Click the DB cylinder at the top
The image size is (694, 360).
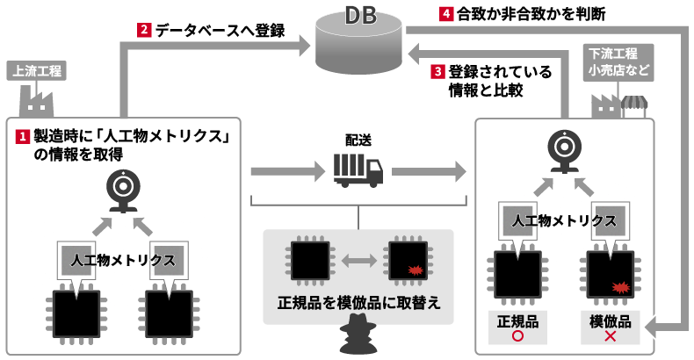click(362, 43)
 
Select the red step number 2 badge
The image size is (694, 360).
click(144, 30)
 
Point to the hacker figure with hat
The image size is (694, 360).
click(357, 335)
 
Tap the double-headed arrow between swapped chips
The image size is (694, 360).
click(358, 260)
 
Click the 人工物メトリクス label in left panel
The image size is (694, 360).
click(124, 261)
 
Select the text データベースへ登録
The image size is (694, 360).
click(220, 30)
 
